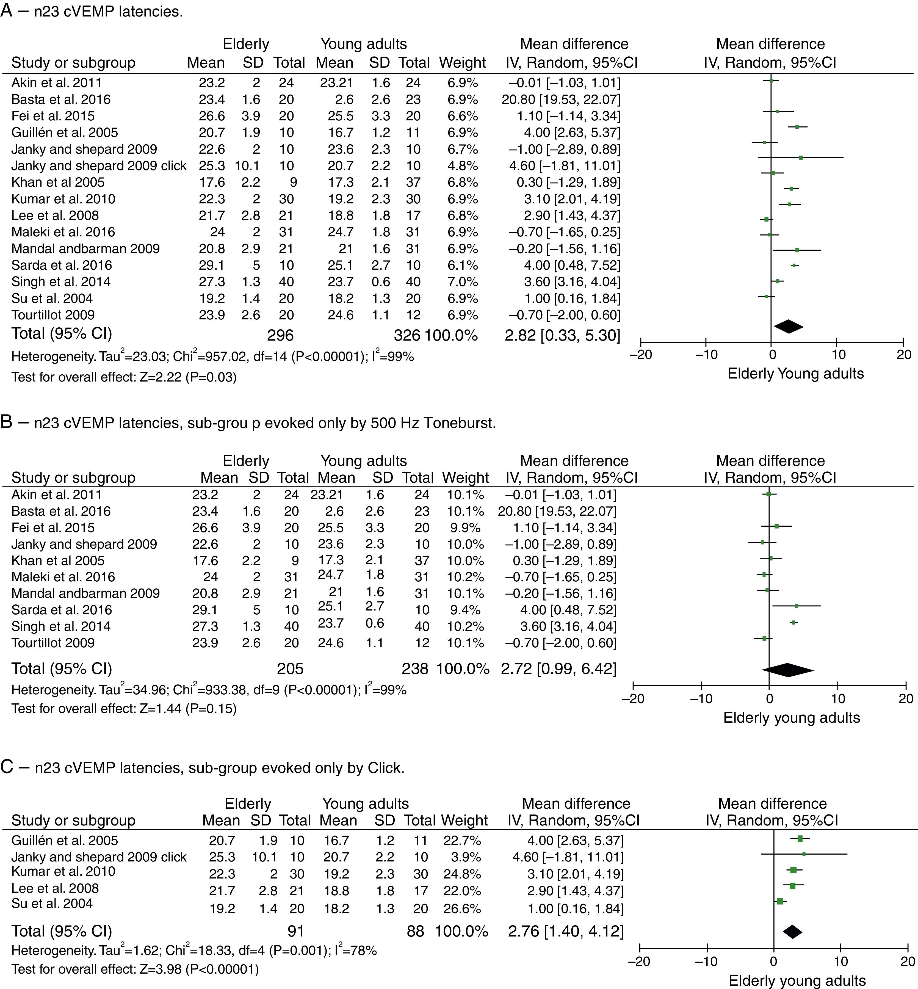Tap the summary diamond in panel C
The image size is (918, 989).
pos(792,931)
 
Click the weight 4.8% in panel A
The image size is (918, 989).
pos(463,166)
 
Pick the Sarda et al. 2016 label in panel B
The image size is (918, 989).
pos(62,610)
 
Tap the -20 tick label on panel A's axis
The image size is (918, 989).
pos(640,355)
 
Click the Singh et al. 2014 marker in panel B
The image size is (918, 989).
pos(793,622)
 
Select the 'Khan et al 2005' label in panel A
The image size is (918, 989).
pos(58,182)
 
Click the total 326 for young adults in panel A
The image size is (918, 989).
pos(407,335)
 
